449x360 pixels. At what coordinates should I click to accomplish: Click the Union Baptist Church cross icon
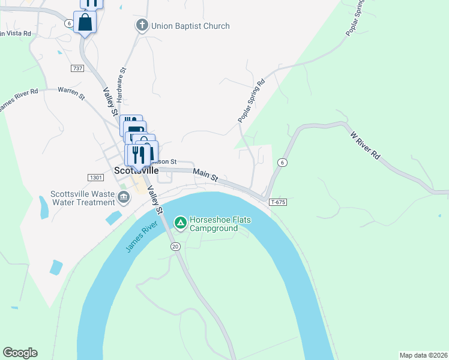coord(142,25)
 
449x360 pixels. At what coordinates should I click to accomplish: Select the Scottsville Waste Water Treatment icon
coord(124,197)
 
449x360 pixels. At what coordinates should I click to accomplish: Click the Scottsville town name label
coord(136,170)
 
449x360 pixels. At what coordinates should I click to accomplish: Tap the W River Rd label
coord(366,145)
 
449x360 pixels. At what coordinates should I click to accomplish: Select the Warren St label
coord(71,91)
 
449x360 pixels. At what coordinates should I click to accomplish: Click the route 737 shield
coord(77,68)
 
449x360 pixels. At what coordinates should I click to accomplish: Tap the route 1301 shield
coord(95,178)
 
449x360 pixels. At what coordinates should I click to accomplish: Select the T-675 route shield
coord(278,202)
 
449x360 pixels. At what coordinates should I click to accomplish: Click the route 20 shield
coord(175,247)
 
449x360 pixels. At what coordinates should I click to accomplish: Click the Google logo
coord(20,353)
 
